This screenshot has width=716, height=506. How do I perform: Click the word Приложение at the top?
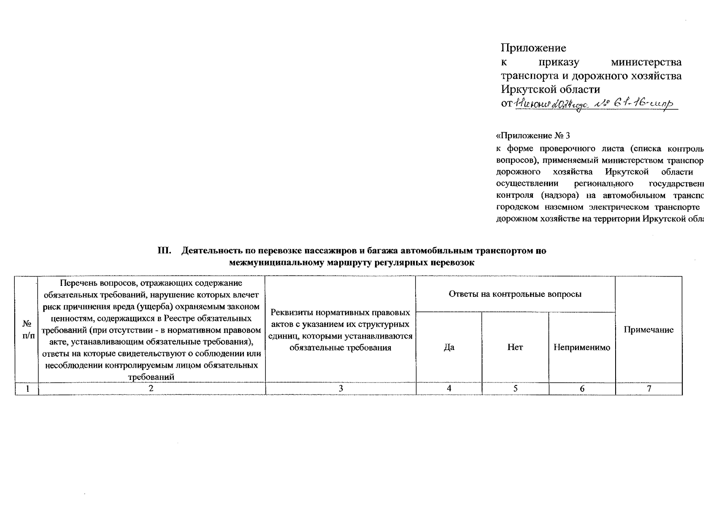533,48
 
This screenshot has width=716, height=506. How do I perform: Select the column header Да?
449,347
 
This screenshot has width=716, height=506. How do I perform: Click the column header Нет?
515,347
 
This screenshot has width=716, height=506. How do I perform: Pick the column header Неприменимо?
582,347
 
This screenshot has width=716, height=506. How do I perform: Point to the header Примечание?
648,330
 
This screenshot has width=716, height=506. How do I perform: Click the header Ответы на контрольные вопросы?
515,294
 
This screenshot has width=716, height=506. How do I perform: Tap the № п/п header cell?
27,330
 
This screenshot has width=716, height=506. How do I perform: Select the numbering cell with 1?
27,389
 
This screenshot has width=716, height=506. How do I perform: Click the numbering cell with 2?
151,389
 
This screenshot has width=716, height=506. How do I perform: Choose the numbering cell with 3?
340,389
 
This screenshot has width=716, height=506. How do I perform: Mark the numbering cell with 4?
449,389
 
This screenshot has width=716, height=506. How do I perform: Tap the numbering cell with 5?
515,389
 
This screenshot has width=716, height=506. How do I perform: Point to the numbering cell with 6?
582,389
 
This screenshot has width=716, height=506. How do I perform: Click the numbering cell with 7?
649,389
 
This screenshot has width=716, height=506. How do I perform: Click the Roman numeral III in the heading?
164,251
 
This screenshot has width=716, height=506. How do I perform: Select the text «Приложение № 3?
532,136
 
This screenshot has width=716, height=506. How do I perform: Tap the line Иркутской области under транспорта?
550,90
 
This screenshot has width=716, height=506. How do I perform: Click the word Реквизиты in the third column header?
292,313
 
